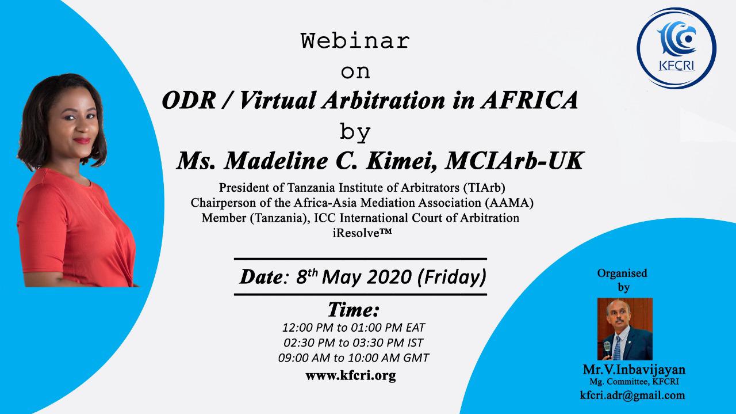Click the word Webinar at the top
[355, 41]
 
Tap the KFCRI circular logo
[676, 48]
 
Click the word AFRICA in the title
[530, 100]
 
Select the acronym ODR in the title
[189, 100]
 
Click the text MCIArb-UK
[514, 161]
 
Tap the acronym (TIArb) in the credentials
[484, 188]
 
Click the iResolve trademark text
[362, 233]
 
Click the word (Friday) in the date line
[452, 277]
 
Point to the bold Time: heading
[354, 310]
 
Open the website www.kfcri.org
[351, 375]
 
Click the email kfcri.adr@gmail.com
[632, 395]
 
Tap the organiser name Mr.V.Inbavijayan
[634, 370]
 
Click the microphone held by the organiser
[607, 350]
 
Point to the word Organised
[622, 273]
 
